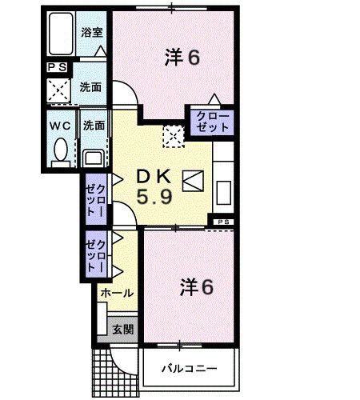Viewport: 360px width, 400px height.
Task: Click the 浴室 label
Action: click(91, 33)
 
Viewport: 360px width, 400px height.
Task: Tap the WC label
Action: click(59, 125)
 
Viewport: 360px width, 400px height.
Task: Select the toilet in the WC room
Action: click(59, 150)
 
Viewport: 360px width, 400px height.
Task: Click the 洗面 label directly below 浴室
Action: click(90, 87)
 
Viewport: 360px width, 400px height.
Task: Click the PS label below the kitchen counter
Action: click(223, 221)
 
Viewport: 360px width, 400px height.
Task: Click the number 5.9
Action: click(153, 196)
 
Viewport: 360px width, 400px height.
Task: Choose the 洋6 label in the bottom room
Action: click(196, 286)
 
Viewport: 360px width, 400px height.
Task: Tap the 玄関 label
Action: click(122, 329)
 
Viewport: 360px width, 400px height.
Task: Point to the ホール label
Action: click(117, 293)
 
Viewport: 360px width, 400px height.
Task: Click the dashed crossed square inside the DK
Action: click(172, 135)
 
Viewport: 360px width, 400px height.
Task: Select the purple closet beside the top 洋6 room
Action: click(211, 122)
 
